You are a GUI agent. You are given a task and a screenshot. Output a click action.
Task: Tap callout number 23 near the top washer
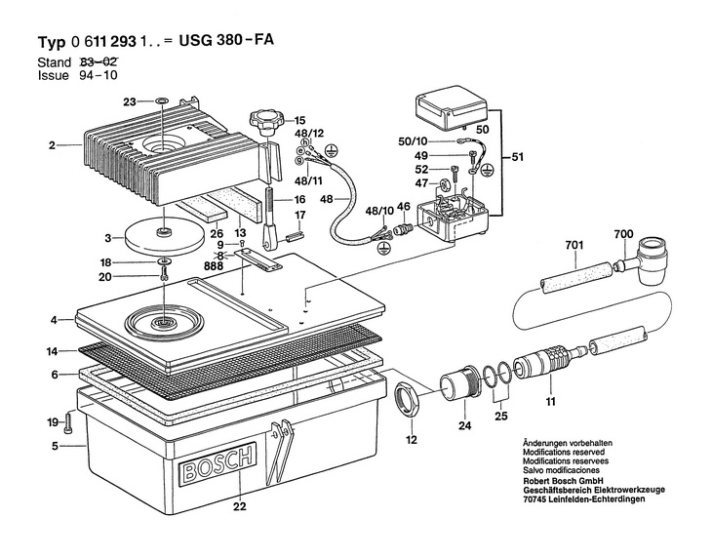click(x=130, y=100)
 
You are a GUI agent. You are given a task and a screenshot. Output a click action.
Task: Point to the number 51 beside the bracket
click(x=516, y=156)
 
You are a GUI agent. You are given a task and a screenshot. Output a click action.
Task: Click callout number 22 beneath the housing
click(x=238, y=505)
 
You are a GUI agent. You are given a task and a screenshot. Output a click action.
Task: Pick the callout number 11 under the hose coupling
click(x=550, y=401)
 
